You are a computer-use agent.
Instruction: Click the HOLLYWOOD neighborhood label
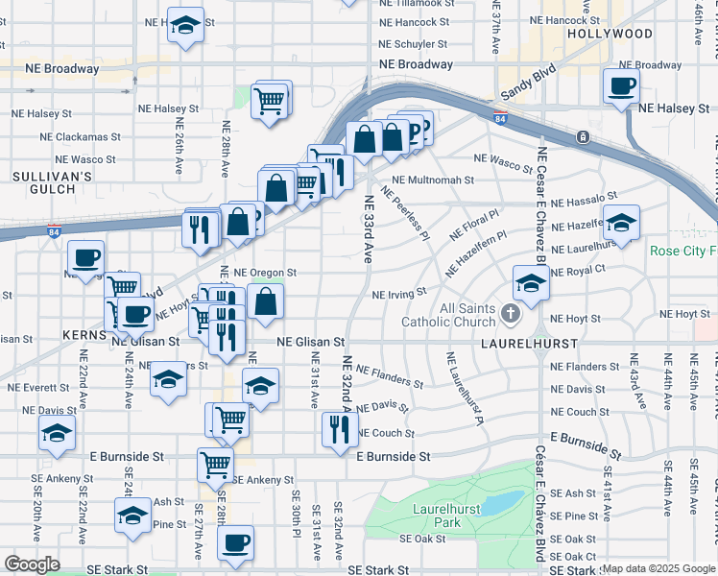[x=610, y=34]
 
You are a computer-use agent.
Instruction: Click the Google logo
[x=32, y=564]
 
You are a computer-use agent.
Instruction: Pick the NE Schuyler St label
[x=415, y=44]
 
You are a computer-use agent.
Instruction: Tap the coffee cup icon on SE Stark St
[x=235, y=543]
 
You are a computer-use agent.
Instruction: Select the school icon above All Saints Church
[x=530, y=282]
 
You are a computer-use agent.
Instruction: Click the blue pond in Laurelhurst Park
[x=500, y=502]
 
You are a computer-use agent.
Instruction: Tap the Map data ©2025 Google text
[x=658, y=568]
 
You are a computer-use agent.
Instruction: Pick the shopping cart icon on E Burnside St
[x=216, y=465]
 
